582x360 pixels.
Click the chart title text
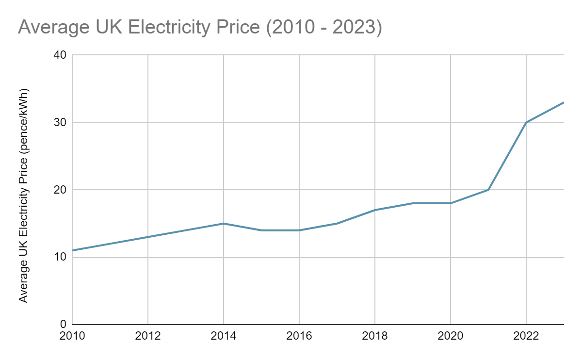pos(200,28)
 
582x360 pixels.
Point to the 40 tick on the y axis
pos(61,55)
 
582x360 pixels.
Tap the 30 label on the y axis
pos(61,123)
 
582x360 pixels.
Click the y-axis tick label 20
pos(61,190)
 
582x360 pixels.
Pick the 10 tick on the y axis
pos(61,257)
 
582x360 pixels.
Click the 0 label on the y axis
pos(64,324)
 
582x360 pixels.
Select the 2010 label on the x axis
pos(73,336)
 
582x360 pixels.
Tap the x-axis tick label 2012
pos(148,336)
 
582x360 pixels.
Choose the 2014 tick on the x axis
pos(224,336)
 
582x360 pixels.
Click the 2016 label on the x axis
pos(299,336)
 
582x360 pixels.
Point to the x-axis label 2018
pos(375,336)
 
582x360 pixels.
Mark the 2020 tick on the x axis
pos(451,336)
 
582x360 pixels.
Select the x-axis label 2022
pos(526,336)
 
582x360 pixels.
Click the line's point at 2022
pos(526,122)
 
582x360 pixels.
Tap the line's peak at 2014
pos(224,223)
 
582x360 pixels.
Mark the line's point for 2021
pos(488,190)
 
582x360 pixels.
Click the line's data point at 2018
pos(375,210)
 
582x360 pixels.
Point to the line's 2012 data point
pos(148,237)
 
